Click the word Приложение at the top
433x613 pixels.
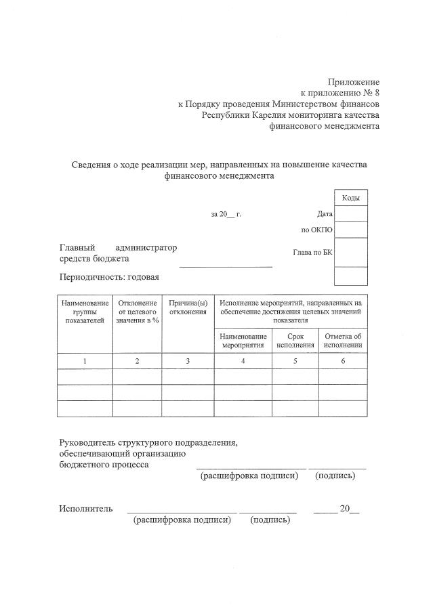click(354, 82)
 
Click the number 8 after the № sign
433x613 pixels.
click(375, 93)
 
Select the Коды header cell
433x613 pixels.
click(350, 197)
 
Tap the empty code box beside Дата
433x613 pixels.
click(351, 214)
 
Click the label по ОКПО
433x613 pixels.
click(316, 230)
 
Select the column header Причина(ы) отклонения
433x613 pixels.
click(188, 307)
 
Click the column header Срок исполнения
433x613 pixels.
click(295, 340)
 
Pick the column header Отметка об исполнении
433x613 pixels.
click(343, 340)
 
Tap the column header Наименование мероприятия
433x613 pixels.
click(243, 340)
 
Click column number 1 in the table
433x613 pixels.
click(85, 361)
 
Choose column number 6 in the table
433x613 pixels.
click(343, 361)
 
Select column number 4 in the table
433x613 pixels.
click(243, 361)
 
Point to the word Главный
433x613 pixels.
click(77, 247)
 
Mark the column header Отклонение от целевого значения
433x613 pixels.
click(137, 312)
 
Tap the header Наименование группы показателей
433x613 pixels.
click(85, 312)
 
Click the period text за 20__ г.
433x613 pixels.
click(226, 214)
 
